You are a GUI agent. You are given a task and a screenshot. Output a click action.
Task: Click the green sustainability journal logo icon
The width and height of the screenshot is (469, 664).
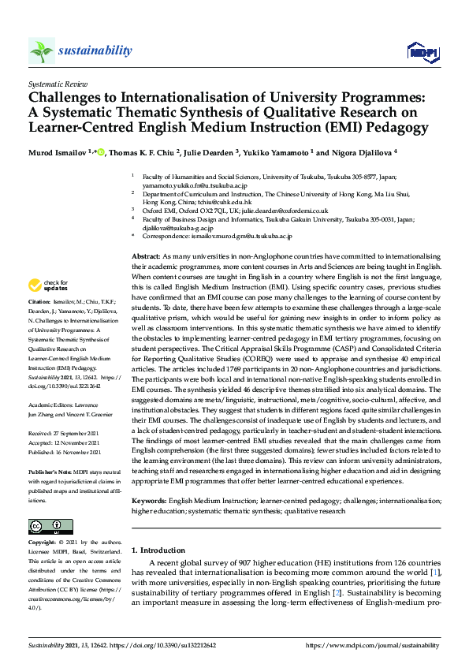tap(41, 50)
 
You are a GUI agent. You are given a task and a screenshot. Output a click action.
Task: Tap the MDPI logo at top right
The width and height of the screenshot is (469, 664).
tap(422, 52)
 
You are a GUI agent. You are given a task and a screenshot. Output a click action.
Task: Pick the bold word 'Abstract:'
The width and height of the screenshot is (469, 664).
tap(146, 258)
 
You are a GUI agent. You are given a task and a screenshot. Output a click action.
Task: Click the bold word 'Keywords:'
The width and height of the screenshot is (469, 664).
tap(150, 500)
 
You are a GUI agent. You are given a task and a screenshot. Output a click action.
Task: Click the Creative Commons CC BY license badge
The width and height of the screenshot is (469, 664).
tap(46, 526)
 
